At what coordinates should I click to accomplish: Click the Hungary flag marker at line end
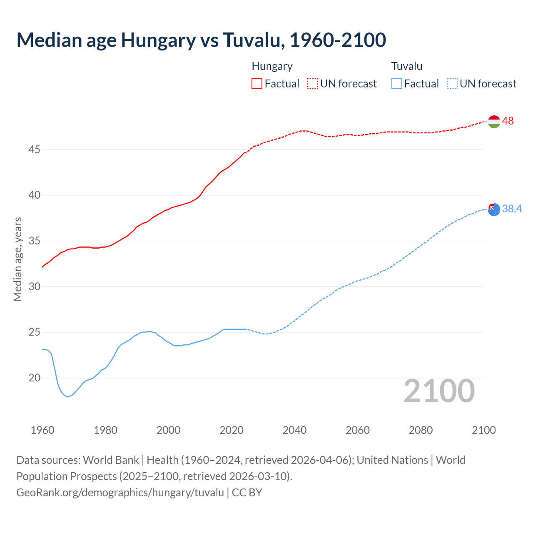pos(493,122)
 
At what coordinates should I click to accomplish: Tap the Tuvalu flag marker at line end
pos(493,209)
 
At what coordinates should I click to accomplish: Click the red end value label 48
pos(508,121)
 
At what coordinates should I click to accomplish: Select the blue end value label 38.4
pos(512,209)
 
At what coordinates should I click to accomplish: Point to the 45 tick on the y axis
pos(34,149)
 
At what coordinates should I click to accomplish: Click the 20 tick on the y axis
pos(34,378)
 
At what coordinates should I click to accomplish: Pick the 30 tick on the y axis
pos(34,286)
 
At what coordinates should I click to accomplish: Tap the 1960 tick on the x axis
pos(42,430)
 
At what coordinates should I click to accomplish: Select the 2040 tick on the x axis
pos(294,430)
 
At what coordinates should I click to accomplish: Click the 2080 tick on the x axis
pos(421,430)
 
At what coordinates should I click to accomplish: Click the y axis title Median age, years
pos(17,259)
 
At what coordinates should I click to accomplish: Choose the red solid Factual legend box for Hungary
pos(257,84)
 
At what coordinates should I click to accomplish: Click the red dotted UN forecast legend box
pos(312,84)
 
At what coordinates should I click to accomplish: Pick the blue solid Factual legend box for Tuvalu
pos(397,84)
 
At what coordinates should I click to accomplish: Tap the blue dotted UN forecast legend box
pos(452,84)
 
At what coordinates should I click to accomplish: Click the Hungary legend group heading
pos(272,66)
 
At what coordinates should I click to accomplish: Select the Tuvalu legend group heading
pos(407,66)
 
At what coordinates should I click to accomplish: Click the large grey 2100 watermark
pos(439,391)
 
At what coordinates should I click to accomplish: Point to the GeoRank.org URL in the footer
pos(120,493)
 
